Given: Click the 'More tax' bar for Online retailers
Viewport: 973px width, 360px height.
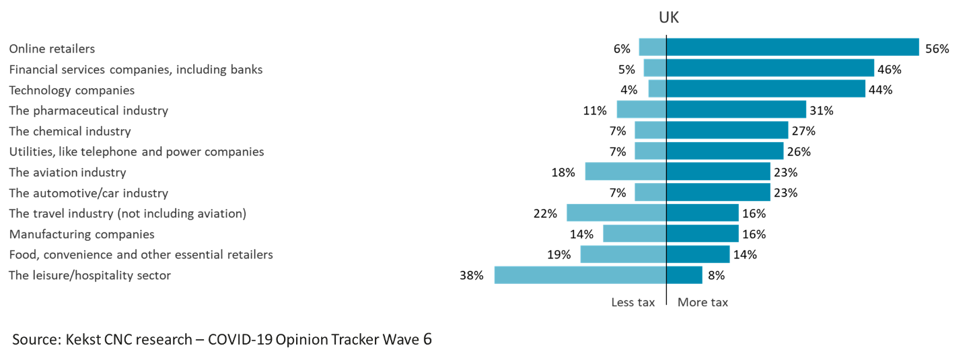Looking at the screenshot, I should pyautogui.click(x=793, y=47).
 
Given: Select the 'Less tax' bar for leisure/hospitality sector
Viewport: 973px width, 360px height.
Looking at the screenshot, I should pyautogui.click(x=580, y=275).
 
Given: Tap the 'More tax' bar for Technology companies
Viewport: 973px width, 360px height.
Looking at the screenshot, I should pyautogui.click(x=766, y=89).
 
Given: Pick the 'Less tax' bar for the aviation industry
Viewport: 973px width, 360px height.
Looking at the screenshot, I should pyautogui.click(x=625, y=172).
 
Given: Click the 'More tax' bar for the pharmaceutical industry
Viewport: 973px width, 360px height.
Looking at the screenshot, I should pyautogui.click(x=736, y=110).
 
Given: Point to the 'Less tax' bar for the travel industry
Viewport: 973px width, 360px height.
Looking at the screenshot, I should pyautogui.click(x=616, y=213).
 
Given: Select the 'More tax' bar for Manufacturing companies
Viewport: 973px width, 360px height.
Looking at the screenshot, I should pyautogui.click(x=702, y=233).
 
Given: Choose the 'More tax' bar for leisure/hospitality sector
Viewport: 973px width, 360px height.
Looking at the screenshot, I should pyautogui.click(x=684, y=275).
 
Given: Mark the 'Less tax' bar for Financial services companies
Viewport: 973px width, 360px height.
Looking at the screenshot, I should pyautogui.click(x=655, y=68).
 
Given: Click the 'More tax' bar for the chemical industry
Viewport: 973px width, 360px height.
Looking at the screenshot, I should pyautogui.click(x=727, y=131).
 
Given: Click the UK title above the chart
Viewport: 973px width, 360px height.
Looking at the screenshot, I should pyautogui.click(x=669, y=18).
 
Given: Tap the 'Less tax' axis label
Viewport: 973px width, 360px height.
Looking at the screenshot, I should pyautogui.click(x=633, y=303).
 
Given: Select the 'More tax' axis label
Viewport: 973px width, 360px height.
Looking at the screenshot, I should pyautogui.click(x=702, y=303).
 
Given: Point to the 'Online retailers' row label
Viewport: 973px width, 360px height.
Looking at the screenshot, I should pyautogui.click(x=52, y=49).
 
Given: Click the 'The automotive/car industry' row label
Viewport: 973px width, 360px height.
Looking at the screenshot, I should pyautogui.click(x=88, y=194).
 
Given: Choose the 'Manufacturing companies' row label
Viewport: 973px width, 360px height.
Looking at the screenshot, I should pyautogui.click(x=81, y=235).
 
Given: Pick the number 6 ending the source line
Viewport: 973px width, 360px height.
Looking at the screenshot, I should pyautogui.click(x=427, y=339).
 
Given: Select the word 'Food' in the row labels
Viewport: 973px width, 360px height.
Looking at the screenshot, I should pyautogui.click(x=23, y=255).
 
